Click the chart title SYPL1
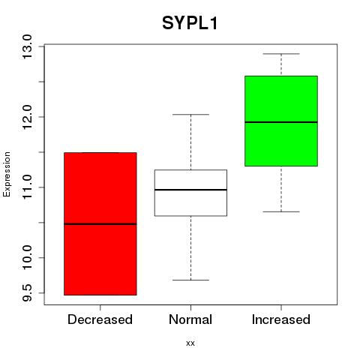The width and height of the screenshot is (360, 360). click(x=190, y=23)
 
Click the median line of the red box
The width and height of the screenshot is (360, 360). click(x=100, y=224)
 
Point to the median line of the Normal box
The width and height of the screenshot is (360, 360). click(x=190, y=190)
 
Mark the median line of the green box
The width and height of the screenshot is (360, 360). click(x=281, y=122)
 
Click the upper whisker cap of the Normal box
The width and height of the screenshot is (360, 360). click(x=190, y=115)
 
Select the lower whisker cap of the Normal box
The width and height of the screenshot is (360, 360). click(x=190, y=280)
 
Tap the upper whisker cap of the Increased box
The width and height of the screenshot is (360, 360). click(x=281, y=54)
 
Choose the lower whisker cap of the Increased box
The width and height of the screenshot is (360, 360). click(x=281, y=211)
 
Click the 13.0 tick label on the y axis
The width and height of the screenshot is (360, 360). click(x=28, y=46)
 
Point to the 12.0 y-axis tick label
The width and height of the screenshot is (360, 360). click(x=28, y=117)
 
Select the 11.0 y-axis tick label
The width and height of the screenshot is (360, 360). click(x=28, y=187)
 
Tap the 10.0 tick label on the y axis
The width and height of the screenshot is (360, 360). click(x=28, y=257)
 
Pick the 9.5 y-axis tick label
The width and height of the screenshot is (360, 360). click(x=28, y=292)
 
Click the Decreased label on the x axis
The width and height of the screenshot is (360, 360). click(x=100, y=319)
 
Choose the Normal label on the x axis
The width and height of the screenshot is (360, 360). click(x=190, y=319)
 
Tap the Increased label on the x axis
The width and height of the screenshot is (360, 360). click(x=281, y=319)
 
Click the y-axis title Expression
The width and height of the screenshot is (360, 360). click(x=7, y=174)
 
